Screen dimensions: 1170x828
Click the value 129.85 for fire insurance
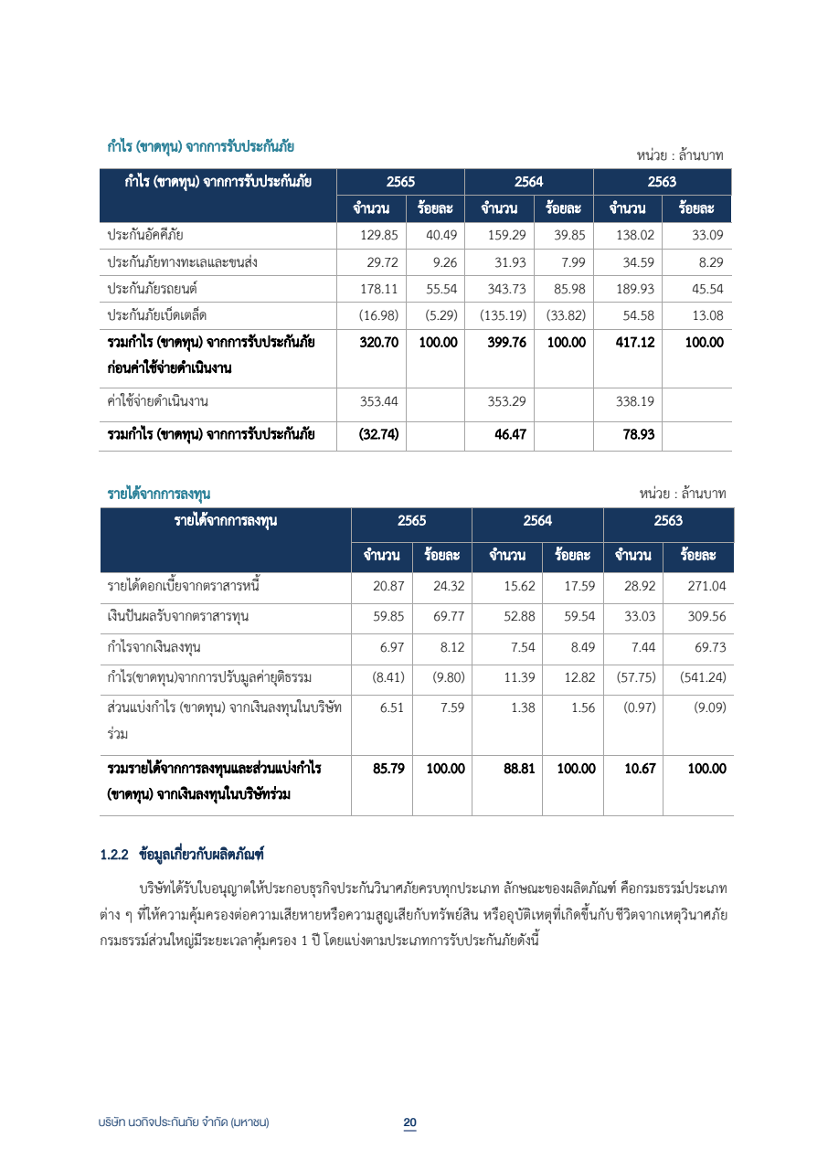tap(379, 235)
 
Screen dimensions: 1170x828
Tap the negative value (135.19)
tap(502, 315)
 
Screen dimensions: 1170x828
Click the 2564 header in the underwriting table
tap(528, 181)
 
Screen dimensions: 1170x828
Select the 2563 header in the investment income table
tap(668, 521)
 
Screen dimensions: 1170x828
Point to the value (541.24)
tap(703, 677)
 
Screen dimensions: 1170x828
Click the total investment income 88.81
tap(518, 769)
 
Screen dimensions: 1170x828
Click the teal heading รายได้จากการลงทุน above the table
tap(158, 494)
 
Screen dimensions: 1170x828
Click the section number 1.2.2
tap(114, 856)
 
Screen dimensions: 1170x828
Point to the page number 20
tap(410, 1122)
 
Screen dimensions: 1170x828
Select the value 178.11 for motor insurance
tap(379, 289)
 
